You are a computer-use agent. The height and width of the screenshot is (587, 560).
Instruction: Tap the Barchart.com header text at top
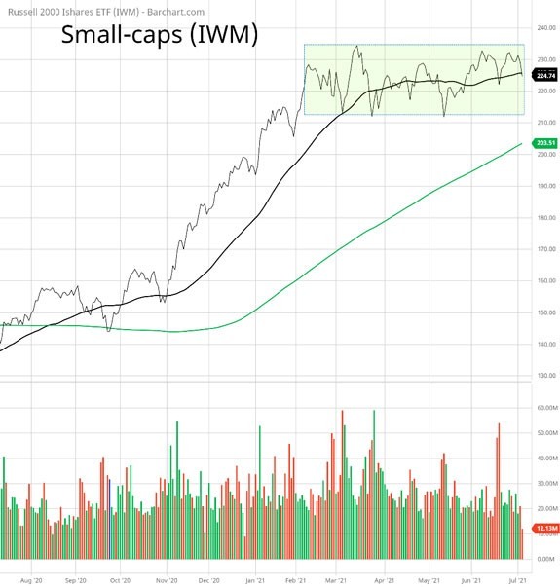tap(85, 9)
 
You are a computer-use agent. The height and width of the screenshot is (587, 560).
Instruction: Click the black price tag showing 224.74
tap(545, 74)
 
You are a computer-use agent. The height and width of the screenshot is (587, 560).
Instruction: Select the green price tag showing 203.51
tap(545, 143)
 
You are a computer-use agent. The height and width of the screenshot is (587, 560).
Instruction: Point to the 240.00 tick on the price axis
tap(545, 28)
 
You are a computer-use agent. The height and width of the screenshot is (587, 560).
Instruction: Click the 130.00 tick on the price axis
tap(545, 376)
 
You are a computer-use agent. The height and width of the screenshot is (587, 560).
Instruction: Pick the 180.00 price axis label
tap(545, 218)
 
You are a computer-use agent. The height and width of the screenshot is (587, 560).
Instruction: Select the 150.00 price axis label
tap(545, 312)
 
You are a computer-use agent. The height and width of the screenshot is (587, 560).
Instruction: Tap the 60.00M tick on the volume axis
tap(545, 408)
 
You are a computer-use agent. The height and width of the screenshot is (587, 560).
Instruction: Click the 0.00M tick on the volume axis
tap(545, 559)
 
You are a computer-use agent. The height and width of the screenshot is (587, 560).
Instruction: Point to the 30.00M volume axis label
tap(545, 484)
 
